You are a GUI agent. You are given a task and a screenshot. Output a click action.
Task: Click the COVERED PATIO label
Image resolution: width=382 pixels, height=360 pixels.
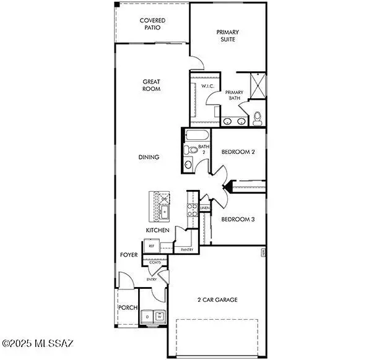[x=152, y=24]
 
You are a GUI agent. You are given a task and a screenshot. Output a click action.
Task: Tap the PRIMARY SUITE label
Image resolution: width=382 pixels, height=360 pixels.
[x=227, y=36]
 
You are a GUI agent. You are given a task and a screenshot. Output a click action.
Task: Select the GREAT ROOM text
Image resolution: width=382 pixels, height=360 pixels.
[x=152, y=85]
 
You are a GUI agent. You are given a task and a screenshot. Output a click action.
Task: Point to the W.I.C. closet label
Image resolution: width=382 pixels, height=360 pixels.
[x=207, y=87]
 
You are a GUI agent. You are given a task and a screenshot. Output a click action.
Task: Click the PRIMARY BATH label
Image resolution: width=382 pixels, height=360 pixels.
[x=234, y=96]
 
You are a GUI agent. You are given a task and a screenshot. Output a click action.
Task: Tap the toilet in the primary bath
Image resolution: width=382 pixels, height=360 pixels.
[x=258, y=117]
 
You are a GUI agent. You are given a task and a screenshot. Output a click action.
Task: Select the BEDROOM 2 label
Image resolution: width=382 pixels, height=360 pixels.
[x=238, y=152]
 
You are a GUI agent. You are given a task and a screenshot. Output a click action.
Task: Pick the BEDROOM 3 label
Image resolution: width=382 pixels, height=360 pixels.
[x=238, y=219]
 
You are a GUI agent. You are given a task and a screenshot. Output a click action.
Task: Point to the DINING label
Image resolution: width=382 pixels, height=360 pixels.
[x=149, y=157]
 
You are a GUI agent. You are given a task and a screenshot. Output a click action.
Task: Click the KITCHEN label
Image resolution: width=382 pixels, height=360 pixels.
[x=157, y=230]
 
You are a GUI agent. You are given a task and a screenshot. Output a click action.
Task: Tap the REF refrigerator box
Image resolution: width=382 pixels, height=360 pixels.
[x=151, y=246]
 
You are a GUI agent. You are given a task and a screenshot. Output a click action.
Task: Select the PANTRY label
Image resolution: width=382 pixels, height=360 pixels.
[x=187, y=250]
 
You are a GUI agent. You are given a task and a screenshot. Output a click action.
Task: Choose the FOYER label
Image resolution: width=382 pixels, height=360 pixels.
[x=129, y=255]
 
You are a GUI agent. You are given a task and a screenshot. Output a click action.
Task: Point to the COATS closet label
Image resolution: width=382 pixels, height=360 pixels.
[x=155, y=262]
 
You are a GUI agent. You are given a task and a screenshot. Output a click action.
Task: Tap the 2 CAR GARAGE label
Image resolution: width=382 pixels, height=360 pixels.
[x=217, y=300]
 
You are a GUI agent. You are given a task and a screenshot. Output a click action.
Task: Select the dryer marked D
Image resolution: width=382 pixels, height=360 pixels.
[x=147, y=317]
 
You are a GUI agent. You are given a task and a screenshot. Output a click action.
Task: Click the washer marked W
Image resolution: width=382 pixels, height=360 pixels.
[x=160, y=317]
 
